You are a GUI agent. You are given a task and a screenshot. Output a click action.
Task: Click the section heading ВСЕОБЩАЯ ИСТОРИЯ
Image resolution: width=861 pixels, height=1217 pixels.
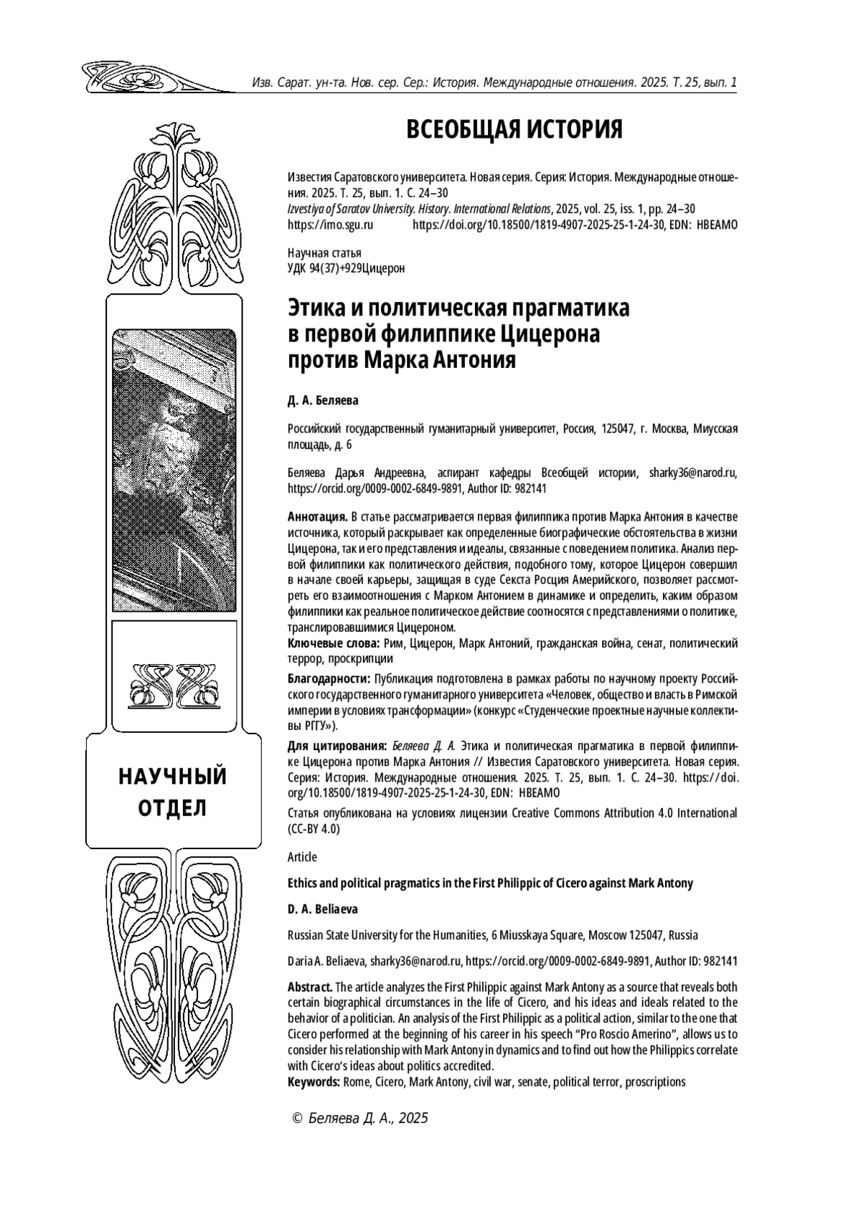pyautogui.click(x=514, y=130)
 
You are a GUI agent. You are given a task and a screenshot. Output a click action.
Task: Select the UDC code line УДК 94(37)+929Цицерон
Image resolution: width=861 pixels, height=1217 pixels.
pyautogui.click(x=346, y=269)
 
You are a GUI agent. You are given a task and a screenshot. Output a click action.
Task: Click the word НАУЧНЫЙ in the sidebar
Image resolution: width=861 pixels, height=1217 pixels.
pyautogui.click(x=172, y=777)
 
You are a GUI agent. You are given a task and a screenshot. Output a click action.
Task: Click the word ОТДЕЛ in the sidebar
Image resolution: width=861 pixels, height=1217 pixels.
pyautogui.click(x=172, y=808)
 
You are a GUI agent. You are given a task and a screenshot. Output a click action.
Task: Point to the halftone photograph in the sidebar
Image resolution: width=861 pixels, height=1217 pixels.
pyautogui.click(x=174, y=470)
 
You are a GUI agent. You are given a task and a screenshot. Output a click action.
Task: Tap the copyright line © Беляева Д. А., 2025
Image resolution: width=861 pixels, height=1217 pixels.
pyautogui.click(x=357, y=1118)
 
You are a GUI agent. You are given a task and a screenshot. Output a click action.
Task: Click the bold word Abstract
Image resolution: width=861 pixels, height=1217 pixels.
pyautogui.click(x=309, y=987)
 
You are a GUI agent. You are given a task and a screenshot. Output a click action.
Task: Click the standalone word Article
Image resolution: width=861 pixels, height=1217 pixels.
pyautogui.click(x=301, y=857)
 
